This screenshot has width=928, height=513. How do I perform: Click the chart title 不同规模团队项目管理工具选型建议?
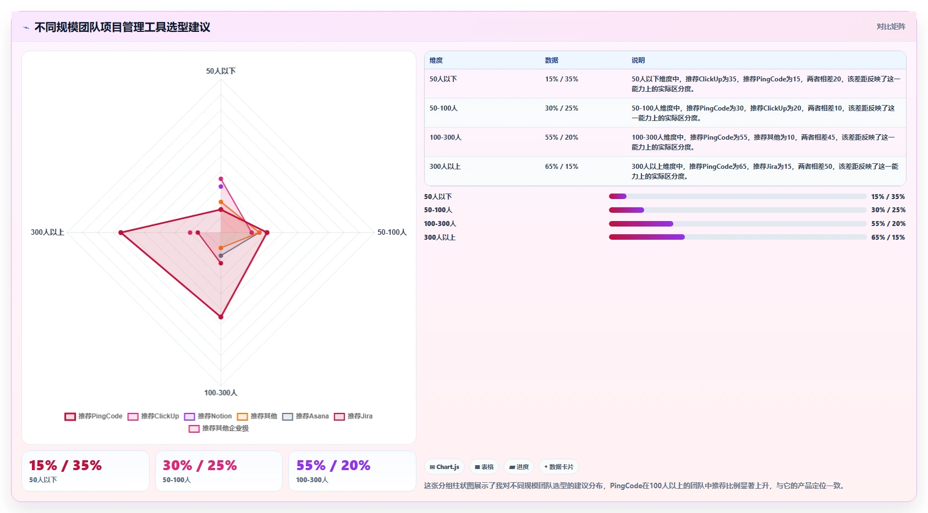(122, 27)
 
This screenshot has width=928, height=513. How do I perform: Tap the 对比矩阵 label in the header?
(891, 26)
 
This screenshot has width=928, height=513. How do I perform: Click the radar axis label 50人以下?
(221, 71)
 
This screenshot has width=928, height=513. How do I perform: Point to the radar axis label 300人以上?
(47, 232)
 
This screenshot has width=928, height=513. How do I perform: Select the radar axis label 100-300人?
(221, 393)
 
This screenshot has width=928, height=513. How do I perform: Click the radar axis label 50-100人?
(392, 232)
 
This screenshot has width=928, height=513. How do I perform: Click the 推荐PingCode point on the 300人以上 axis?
(121, 233)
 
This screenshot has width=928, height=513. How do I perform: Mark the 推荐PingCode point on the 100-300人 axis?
(221, 317)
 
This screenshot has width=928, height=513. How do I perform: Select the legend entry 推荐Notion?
(208, 416)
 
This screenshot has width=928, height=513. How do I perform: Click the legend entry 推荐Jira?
(353, 416)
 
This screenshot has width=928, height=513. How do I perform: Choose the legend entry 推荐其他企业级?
(219, 428)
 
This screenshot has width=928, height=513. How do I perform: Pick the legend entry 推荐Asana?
(305, 416)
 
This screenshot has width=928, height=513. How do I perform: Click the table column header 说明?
(638, 60)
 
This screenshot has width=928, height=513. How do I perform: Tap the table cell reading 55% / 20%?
(561, 137)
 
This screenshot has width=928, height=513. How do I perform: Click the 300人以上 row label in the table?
(445, 167)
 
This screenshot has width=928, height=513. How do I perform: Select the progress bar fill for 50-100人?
(627, 210)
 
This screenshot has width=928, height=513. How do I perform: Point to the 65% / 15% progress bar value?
(888, 237)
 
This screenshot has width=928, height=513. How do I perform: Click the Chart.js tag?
(444, 467)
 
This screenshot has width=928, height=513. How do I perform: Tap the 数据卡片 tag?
(558, 467)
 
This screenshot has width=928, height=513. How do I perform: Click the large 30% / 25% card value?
(200, 465)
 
